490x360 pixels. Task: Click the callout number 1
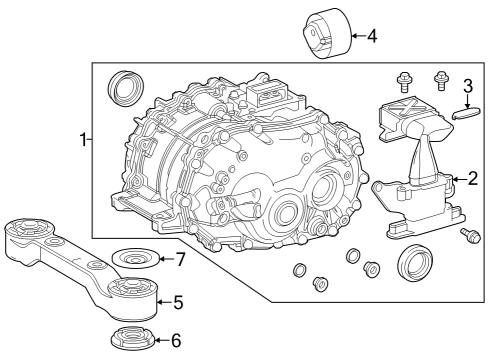click(84, 141)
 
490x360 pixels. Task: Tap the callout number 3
click(467, 86)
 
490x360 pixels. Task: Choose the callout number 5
click(178, 299)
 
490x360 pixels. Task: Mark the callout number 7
click(180, 260)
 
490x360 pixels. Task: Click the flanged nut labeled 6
click(128, 338)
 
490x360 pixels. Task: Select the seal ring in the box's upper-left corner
click(125, 87)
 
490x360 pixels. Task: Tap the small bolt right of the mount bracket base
click(468, 237)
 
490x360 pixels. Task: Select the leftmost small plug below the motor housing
click(299, 272)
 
